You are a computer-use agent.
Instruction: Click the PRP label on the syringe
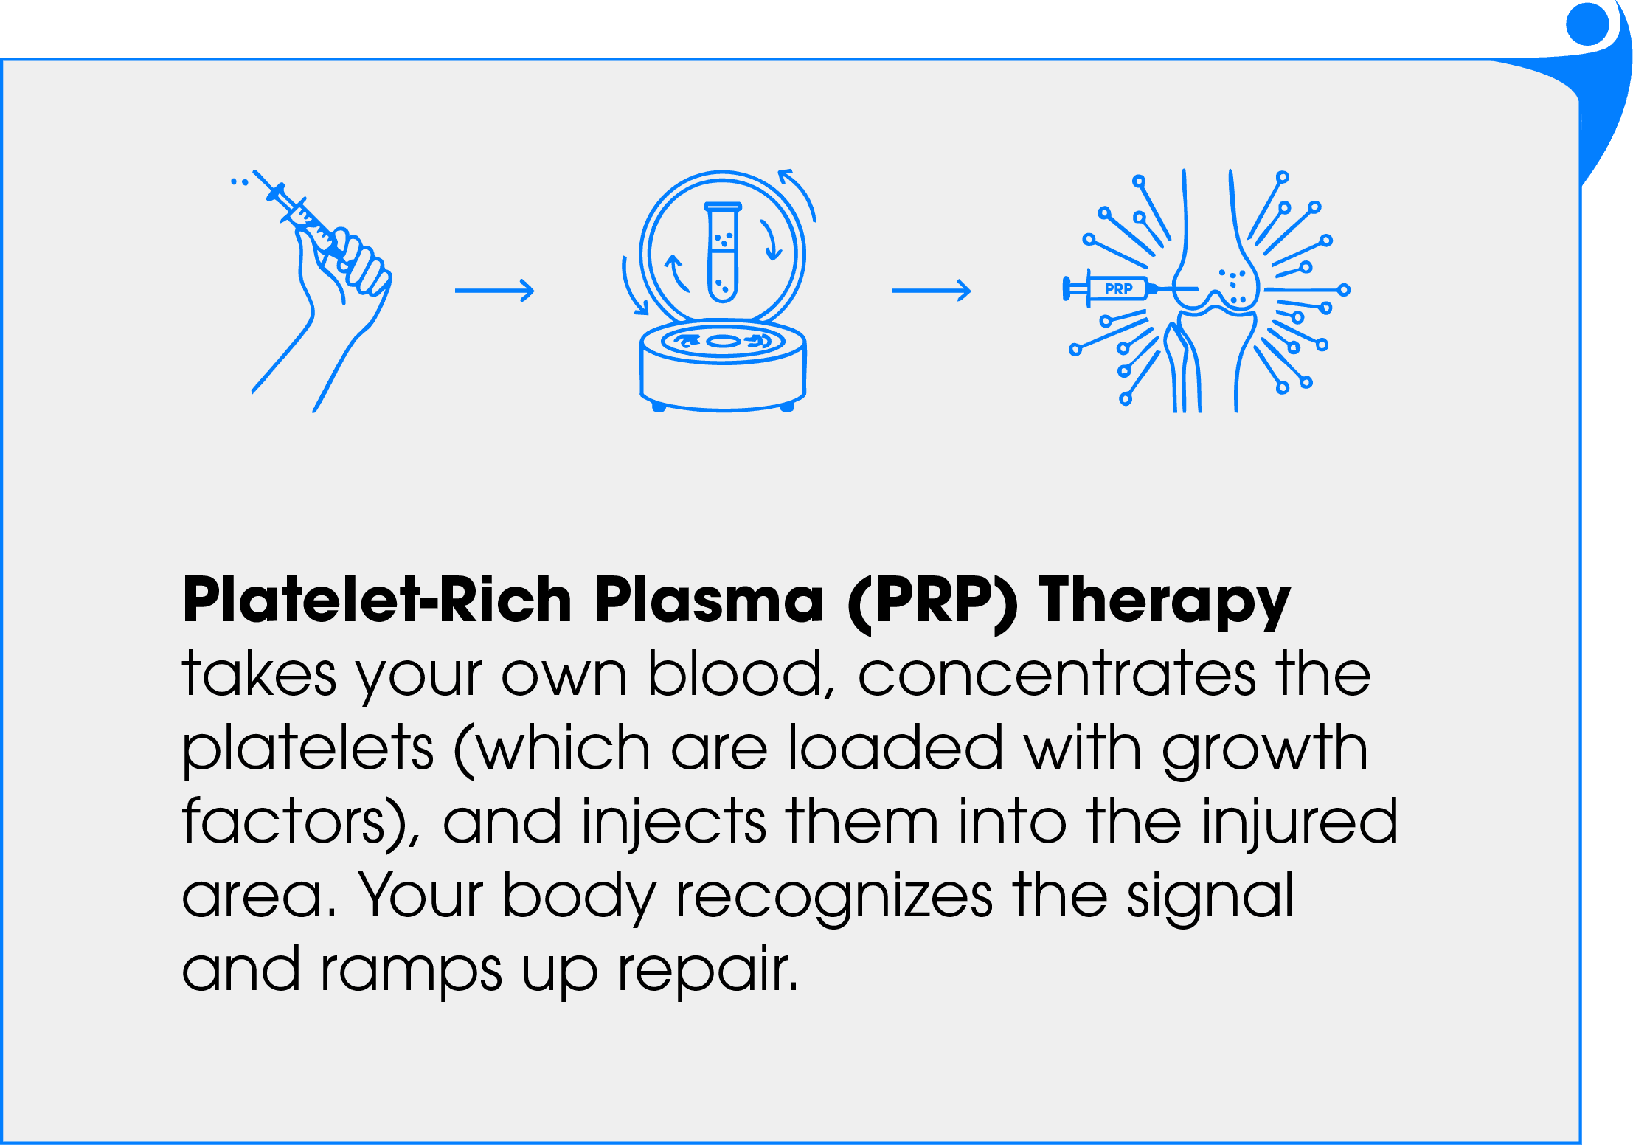[x=1118, y=289]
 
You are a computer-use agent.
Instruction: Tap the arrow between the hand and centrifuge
[x=494, y=291]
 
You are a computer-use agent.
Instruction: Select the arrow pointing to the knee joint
[x=931, y=291]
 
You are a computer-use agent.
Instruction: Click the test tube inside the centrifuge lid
[x=722, y=252]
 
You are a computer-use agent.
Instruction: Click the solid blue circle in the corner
[x=1587, y=24]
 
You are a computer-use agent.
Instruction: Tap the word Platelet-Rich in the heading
[x=377, y=600]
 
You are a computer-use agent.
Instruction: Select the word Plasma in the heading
[x=709, y=600]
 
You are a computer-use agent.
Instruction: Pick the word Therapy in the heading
[x=1165, y=603]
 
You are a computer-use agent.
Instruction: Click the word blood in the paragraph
[x=741, y=674]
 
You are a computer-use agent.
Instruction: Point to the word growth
[x=1265, y=750]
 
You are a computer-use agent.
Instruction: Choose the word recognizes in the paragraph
[x=833, y=897]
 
